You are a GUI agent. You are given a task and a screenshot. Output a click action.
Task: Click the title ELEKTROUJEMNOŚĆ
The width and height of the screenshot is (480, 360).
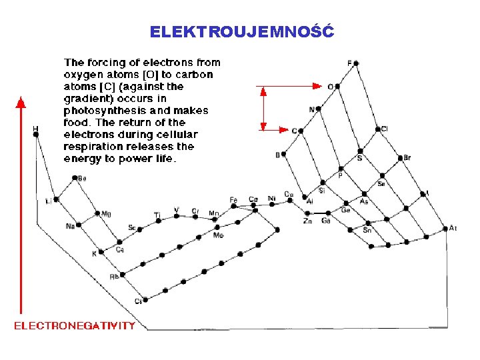tap(241, 31)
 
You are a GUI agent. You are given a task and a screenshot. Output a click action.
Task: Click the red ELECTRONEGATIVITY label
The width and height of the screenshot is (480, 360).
tap(75, 326)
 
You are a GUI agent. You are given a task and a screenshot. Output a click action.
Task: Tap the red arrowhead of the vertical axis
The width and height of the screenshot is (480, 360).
tap(21, 102)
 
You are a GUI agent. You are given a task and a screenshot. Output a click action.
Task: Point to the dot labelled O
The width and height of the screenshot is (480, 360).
tap(339, 86)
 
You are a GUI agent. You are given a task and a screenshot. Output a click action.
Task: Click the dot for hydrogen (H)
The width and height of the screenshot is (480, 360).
tap(36, 135)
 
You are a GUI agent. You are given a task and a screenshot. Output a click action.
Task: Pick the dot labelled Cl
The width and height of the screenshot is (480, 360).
tap(377, 129)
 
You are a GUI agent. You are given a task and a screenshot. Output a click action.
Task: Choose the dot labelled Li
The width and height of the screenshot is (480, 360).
tap(57, 199)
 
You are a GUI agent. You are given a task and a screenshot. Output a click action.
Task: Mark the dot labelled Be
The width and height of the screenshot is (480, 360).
tap(75, 178)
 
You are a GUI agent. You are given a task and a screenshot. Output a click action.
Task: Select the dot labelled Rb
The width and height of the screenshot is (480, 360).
tap(123, 275)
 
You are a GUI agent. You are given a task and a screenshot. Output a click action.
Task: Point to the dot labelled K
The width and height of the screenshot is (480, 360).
tap(101, 252)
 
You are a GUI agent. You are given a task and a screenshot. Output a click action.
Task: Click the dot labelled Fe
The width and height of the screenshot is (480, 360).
tap(235, 206)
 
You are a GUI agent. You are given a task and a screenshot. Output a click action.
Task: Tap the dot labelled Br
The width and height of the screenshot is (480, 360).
tap(400, 158)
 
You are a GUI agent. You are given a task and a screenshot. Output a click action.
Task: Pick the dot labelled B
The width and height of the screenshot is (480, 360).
tap(284, 154)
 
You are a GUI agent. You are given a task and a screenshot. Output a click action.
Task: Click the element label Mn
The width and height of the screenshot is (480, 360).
tap(213, 213)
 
